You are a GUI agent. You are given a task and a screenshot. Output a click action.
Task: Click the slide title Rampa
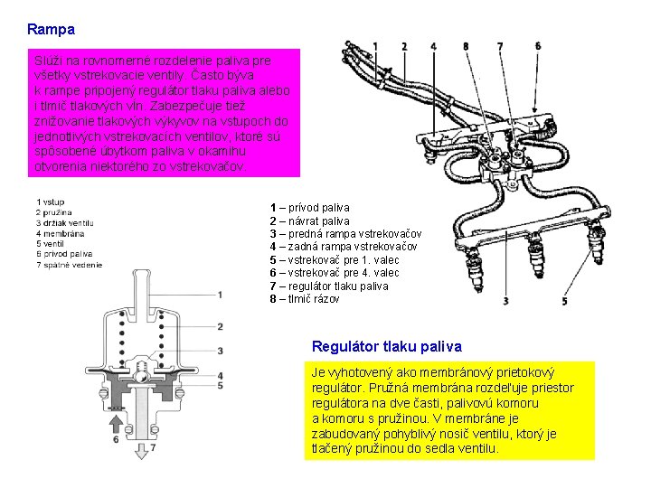point(52,30)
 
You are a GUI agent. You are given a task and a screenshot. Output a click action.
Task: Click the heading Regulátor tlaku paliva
point(386,346)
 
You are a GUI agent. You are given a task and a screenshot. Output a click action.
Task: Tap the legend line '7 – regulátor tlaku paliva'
point(329,286)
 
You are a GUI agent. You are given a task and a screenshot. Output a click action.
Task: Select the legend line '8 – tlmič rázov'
point(305,299)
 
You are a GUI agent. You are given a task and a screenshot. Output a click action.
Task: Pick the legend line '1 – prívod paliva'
point(309,208)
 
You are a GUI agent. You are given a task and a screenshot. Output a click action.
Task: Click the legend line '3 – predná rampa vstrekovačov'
point(345,234)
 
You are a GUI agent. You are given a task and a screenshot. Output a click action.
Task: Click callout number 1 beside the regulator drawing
point(221,295)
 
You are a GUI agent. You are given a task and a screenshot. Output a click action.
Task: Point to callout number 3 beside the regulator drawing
point(221,351)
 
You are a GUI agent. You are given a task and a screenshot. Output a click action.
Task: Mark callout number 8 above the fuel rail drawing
point(465,46)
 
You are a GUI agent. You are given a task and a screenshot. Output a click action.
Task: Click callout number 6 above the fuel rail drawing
point(539,46)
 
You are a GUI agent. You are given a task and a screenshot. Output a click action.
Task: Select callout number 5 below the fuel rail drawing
point(565,301)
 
